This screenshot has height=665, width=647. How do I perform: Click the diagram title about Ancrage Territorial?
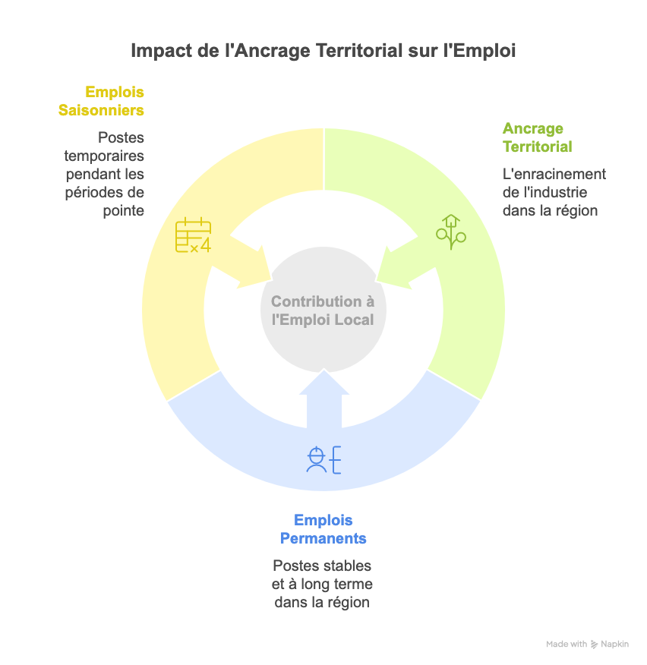click(323, 51)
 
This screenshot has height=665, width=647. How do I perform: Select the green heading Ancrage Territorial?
click(537, 137)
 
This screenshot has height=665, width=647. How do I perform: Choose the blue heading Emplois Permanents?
click(323, 529)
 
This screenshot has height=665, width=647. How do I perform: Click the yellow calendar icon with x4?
click(193, 235)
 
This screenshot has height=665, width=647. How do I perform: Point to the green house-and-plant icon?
click(450, 232)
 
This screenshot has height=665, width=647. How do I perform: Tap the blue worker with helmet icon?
click(323, 460)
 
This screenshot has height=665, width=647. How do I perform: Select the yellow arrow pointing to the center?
click(247, 262)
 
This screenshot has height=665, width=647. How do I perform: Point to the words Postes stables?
click(322, 566)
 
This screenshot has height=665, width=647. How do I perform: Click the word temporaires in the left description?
click(104, 156)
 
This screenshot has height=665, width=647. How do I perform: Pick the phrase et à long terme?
click(322, 585)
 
